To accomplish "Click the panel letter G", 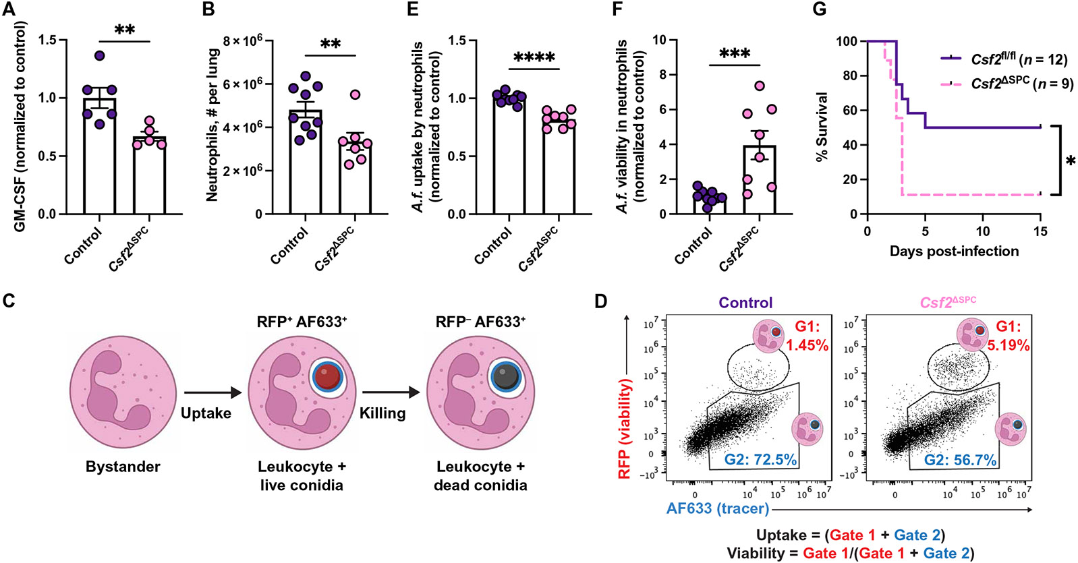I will click(x=820, y=9).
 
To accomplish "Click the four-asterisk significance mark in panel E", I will click(x=534, y=58).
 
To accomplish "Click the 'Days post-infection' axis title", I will click(x=954, y=251).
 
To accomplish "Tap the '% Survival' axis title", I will click(x=822, y=127).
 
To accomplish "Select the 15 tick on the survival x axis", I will click(x=1040, y=231).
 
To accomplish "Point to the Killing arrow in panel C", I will click(x=390, y=392).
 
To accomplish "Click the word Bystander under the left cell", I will click(x=123, y=467).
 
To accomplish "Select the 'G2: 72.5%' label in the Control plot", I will click(x=760, y=460).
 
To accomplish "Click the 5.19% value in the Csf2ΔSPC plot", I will click(x=1009, y=345).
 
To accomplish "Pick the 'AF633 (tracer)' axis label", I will click(x=718, y=508).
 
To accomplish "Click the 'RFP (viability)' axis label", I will click(x=624, y=429).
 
